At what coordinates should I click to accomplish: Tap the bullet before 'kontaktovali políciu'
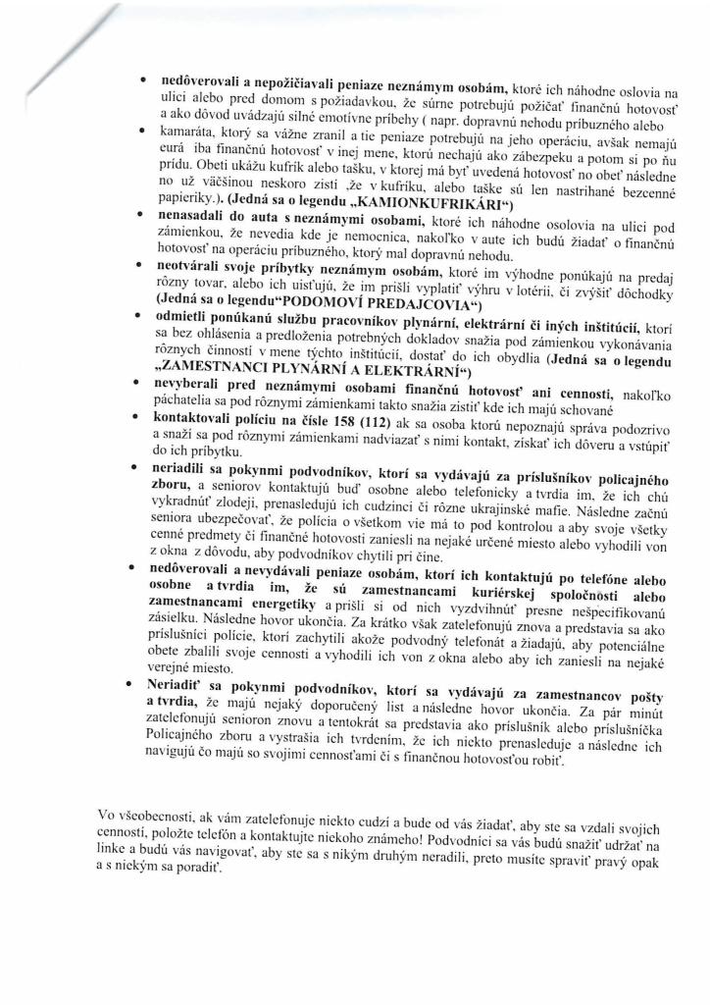click(x=144, y=418)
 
